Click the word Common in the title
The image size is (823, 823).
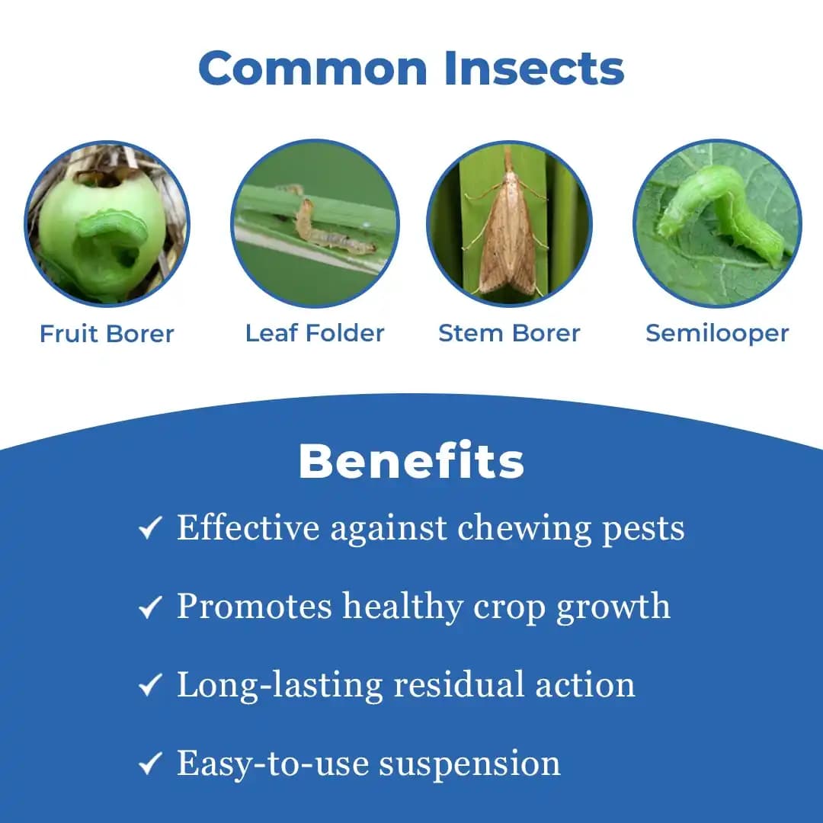point(312,68)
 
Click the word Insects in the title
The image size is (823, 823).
point(534,68)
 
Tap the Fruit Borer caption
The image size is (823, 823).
point(107,334)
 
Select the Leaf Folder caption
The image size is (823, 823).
point(315,333)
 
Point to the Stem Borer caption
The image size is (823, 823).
point(509,333)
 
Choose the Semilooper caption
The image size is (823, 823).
point(717,333)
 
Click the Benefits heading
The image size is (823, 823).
point(411,461)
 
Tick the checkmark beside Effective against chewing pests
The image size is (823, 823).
point(149,528)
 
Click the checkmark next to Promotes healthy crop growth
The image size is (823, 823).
point(149,607)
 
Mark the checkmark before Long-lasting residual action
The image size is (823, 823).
point(149,686)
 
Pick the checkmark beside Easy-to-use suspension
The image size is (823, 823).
point(149,765)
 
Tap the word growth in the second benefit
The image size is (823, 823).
point(613,607)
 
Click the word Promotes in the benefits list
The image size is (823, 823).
point(255,607)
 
